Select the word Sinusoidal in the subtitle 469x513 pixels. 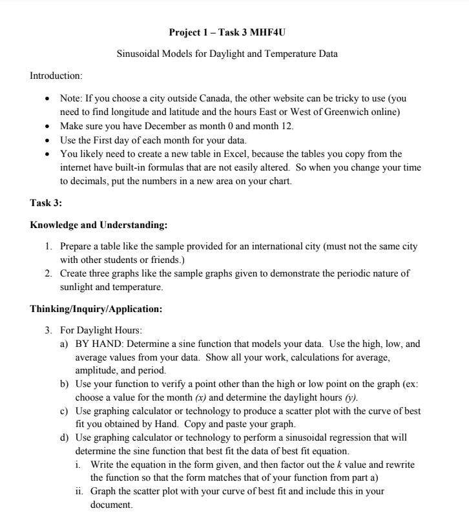(x=137, y=54)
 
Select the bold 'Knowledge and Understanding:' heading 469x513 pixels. (x=99, y=225)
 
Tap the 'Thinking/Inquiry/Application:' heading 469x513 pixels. (x=96, y=309)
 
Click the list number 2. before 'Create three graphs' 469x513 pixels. (x=50, y=273)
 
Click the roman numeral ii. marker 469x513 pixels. (x=80, y=491)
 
